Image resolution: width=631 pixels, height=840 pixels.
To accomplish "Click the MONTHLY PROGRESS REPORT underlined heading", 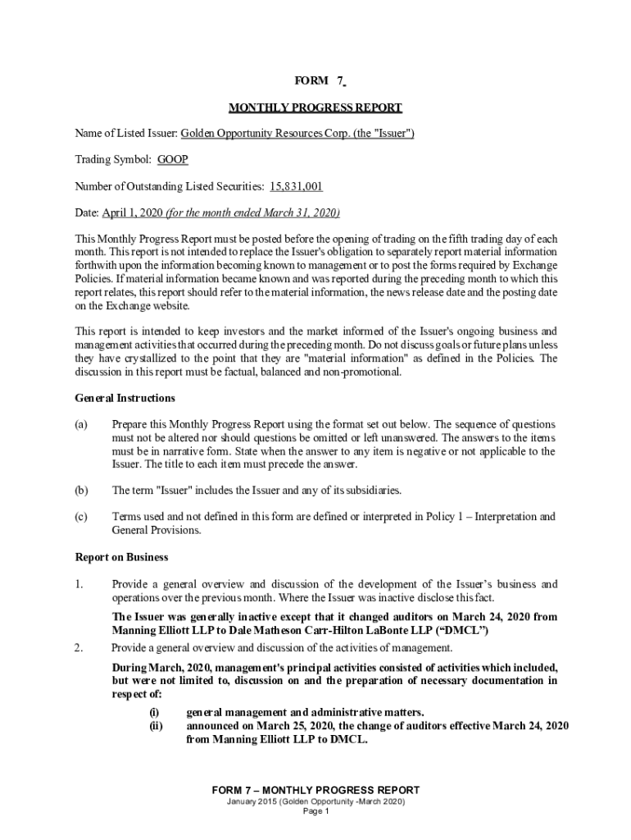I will [315, 107].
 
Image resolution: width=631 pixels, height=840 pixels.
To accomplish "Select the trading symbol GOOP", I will [173, 160].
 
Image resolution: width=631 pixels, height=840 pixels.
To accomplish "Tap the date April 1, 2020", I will [132, 212].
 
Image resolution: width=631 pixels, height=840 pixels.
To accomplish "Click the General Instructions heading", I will [125, 398].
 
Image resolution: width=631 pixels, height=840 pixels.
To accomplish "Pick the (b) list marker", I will [81, 491].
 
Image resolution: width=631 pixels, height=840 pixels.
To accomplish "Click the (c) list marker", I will [81, 517].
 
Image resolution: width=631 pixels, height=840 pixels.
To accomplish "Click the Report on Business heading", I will [121, 557].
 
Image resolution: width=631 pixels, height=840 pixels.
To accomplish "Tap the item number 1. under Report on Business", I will [79, 584].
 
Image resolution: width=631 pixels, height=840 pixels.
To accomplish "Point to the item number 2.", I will [79, 648].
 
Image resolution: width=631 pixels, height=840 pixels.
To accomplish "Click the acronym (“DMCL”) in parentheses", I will [463, 631].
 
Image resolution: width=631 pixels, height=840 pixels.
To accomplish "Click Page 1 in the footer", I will [315, 811].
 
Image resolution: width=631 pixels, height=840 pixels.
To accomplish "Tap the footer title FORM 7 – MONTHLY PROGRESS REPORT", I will [315, 790].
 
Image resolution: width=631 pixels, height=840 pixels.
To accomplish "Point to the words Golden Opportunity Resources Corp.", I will [256, 134].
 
